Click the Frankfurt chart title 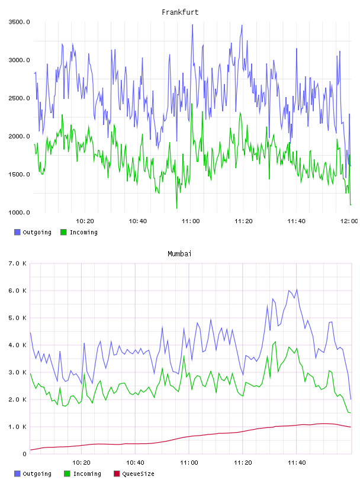coord(180,12)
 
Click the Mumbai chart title coord(179,254)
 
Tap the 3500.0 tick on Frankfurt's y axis coord(19,22)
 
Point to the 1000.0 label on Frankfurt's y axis coord(19,212)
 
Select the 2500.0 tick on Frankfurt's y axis coord(19,98)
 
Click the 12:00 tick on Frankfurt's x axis coord(349,221)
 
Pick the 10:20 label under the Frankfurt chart coord(85,221)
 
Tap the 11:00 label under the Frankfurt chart coord(191,221)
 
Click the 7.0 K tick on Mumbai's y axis coord(18,263)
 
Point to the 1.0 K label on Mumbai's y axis coord(18,427)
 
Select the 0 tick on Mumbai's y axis coord(25,454)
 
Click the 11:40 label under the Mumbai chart coord(297,463)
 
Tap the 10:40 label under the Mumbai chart coord(135,463)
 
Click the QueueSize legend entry coord(134,474)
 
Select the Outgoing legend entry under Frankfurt coord(33,232)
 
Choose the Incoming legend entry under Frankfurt coord(79,232)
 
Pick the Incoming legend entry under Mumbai coord(83,474)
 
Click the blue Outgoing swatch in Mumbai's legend coord(17,474)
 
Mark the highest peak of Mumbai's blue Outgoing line coord(297,289)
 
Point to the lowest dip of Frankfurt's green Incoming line coord(176,208)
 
